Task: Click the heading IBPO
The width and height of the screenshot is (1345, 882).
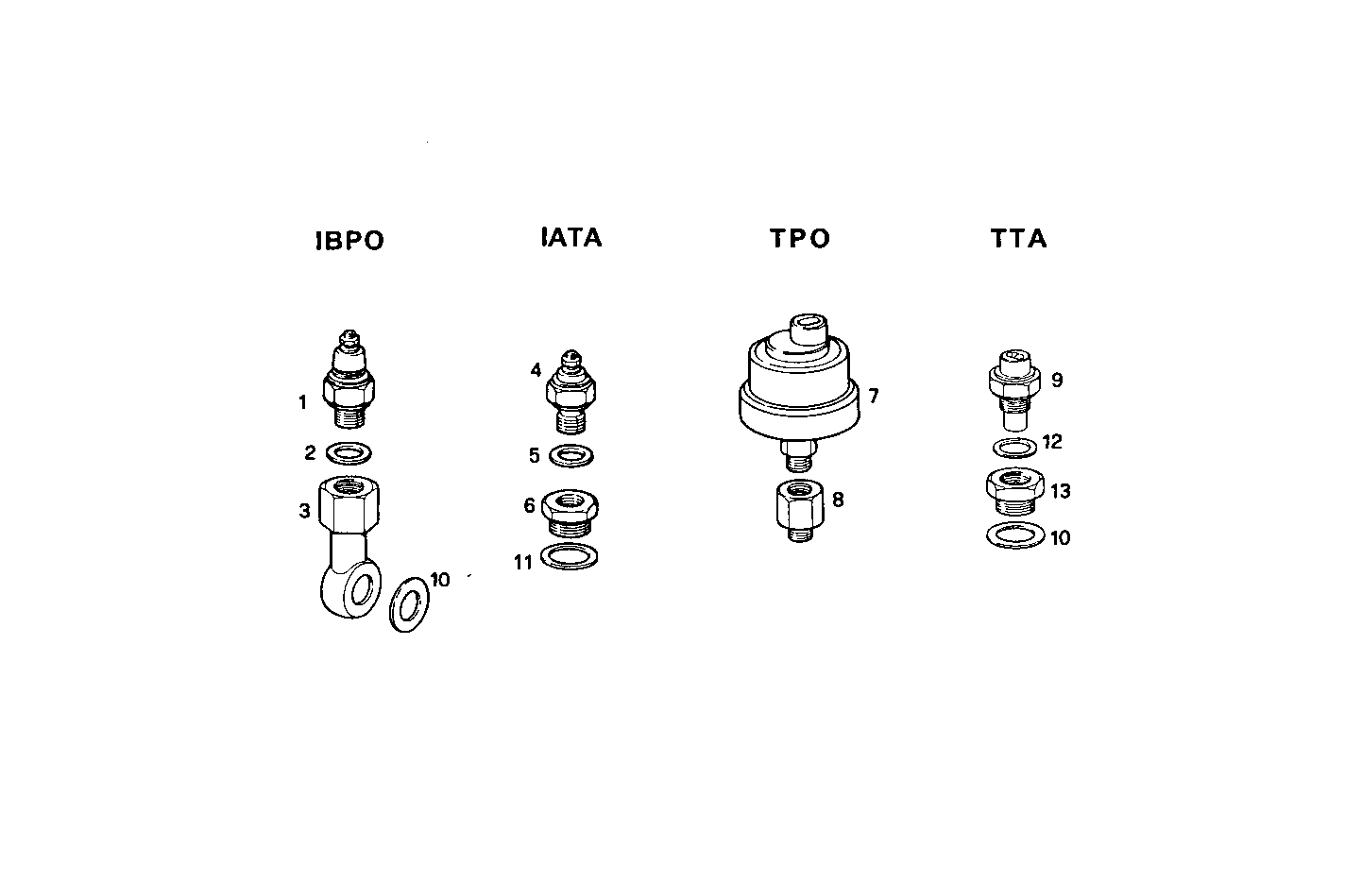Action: (349, 241)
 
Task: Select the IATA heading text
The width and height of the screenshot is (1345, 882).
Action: (571, 237)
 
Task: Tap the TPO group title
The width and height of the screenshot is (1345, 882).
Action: (799, 238)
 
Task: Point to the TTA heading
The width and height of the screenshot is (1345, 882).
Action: (1019, 238)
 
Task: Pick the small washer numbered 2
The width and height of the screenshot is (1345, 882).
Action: (348, 453)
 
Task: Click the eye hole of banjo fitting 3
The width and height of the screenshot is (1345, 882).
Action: (358, 591)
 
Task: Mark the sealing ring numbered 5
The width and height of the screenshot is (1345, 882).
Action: (570, 455)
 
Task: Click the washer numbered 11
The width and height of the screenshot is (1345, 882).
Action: (572, 556)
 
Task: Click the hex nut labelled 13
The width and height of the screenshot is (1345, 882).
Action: (1014, 489)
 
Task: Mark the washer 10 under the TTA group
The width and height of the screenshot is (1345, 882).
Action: (1014, 536)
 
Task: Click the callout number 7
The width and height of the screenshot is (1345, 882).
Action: (874, 396)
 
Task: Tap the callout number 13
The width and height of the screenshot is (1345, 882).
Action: (1060, 491)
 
